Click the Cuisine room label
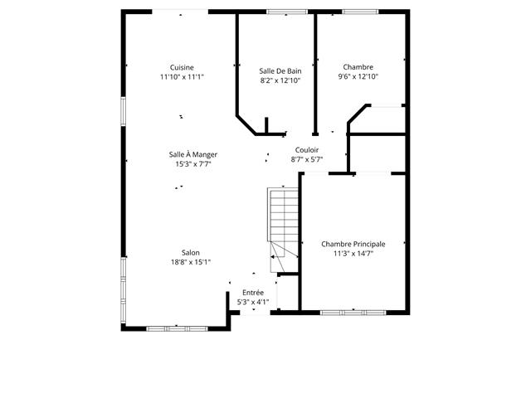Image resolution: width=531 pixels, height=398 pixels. click(182, 67)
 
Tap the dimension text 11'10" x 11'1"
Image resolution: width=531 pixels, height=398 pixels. click(182, 77)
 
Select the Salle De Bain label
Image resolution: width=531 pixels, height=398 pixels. click(280, 71)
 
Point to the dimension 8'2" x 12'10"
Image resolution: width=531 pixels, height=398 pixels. click(280, 80)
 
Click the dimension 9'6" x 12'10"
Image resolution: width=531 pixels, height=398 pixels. click(358, 76)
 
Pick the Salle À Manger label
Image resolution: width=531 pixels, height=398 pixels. click(193, 154)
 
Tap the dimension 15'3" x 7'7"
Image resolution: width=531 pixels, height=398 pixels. click(193, 164)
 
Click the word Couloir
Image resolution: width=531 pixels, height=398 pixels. click(307, 150)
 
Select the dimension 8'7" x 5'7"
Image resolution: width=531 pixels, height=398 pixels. click(307, 159)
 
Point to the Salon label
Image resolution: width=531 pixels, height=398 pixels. click(191, 252)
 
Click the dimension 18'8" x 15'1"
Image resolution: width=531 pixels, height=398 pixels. click(191, 262)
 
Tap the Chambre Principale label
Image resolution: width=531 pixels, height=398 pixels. click(353, 244)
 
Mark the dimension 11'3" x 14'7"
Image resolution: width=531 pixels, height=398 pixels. click(353, 254)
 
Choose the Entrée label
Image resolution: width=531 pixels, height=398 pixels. click(253, 293)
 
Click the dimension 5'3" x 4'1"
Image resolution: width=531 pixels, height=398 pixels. click(253, 302)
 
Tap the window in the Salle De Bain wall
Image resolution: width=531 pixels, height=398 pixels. click(287, 12)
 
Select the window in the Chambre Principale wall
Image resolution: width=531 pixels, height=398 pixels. click(353, 313)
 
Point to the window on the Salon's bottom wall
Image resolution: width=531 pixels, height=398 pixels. click(177, 328)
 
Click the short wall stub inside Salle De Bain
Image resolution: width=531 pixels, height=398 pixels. click(266, 125)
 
